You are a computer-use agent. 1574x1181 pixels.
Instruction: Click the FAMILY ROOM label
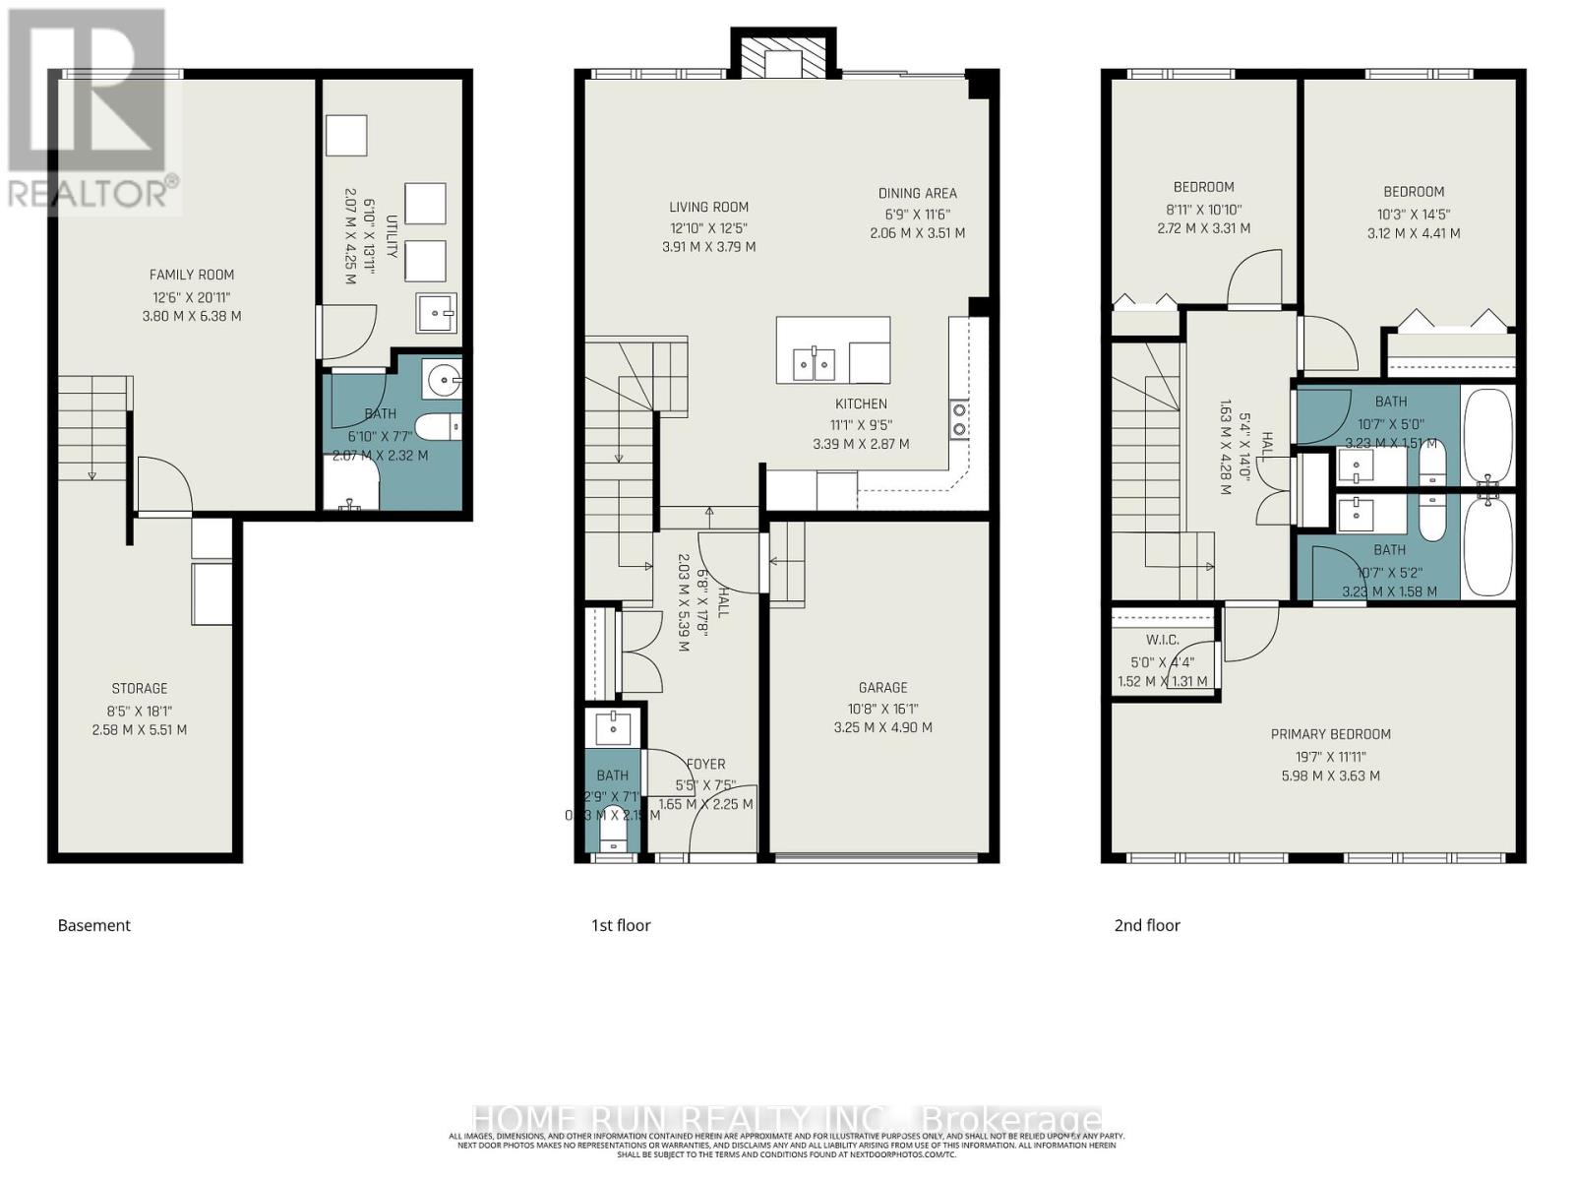pos(192,275)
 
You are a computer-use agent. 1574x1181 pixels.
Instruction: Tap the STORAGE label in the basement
pos(139,688)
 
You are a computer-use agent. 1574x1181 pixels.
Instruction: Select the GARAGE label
pos(882,687)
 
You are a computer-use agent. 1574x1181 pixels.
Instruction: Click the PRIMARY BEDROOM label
pos(1330,733)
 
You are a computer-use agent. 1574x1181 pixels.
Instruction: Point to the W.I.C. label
pos(1162,640)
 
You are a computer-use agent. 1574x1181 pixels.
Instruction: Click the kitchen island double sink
pos(815,364)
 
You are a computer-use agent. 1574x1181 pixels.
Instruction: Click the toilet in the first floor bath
pos(612,827)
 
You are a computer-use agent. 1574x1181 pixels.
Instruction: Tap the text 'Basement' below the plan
pos(93,925)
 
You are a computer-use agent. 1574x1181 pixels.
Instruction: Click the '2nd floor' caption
pos(1146,925)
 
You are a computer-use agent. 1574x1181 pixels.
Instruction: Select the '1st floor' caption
pos(620,925)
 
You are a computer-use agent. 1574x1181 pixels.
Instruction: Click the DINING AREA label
pos(917,193)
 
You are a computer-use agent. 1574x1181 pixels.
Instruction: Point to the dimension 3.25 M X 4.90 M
pos(882,727)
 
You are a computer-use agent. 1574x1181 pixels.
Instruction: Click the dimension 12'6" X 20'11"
pos(192,296)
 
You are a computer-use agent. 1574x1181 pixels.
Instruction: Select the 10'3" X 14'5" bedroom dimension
pos(1414,213)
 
